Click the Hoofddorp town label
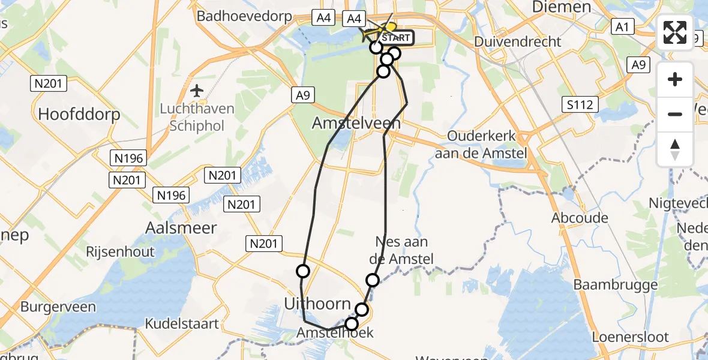(x=79, y=114)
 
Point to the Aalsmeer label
(x=181, y=227)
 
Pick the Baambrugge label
(x=616, y=284)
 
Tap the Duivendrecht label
(x=517, y=41)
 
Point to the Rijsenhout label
(x=120, y=251)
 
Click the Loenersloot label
(x=630, y=337)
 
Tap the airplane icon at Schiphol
(x=196, y=91)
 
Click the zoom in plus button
(x=675, y=79)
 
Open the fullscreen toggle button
(x=675, y=32)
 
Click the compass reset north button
(x=675, y=149)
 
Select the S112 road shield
(x=581, y=105)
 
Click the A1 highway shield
(x=622, y=26)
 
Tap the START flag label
(x=395, y=38)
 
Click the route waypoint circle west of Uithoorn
(x=303, y=271)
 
